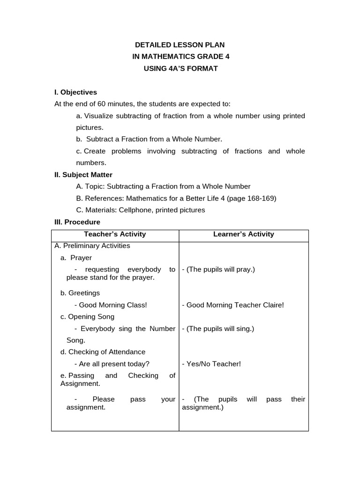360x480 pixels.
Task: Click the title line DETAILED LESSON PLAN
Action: [x=180, y=45]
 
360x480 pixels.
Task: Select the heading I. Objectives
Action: [x=76, y=92]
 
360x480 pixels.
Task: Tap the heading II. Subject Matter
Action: [x=83, y=174]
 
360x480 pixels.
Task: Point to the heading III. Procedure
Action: [x=77, y=222]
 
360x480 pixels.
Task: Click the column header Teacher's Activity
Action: [x=115, y=234]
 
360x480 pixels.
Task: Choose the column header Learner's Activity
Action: [x=244, y=234]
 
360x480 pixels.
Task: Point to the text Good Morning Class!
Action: [x=113, y=305]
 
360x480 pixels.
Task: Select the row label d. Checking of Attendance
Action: [x=103, y=352]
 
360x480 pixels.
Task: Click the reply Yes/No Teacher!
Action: [x=211, y=364]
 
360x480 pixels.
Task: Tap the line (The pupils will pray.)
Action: [x=218, y=270]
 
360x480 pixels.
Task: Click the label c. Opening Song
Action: [x=87, y=317]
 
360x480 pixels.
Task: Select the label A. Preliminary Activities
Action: [x=92, y=246]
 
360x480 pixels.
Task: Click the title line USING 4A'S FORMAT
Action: [x=180, y=69]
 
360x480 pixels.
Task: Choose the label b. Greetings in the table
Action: [x=80, y=293]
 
